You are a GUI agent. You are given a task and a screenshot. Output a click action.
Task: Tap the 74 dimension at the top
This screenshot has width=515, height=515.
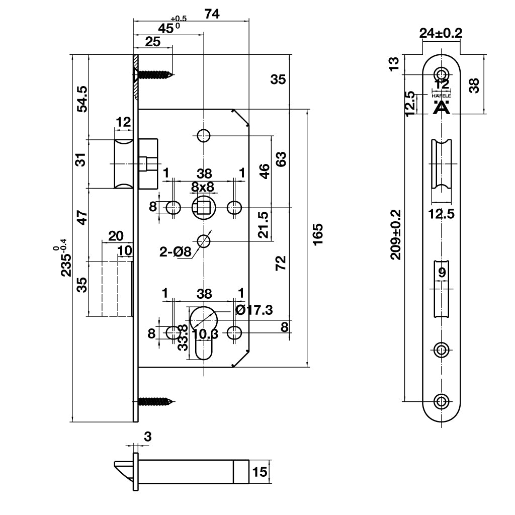click(x=212, y=14)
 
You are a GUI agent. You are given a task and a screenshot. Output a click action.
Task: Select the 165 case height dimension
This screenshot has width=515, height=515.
click(x=317, y=234)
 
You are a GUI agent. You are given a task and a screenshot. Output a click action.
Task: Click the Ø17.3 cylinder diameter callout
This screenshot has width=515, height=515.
click(x=254, y=310)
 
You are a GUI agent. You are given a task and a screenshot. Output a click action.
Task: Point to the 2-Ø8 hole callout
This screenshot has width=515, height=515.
click(x=176, y=251)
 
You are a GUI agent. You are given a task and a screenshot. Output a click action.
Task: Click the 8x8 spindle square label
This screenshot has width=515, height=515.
click(x=203, y=187)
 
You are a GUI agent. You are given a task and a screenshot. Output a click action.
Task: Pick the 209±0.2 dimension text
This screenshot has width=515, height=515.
click(x=396, y=234)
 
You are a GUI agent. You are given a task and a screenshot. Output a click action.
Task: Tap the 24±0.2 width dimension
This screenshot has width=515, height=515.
click(x=441, y=33)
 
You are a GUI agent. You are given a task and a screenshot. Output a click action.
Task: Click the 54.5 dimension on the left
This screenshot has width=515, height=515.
click(x=82, y=99)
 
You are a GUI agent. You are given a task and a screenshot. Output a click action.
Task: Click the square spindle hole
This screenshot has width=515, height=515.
click(x=204, y=207)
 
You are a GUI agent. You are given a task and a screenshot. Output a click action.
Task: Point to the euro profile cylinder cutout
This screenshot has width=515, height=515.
click(x=203, y=332)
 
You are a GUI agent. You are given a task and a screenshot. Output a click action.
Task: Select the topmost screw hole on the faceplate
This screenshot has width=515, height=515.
click(x=442, y=72)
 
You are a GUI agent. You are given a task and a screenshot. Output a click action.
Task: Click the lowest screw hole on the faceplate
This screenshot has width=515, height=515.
click(x=442, y=401)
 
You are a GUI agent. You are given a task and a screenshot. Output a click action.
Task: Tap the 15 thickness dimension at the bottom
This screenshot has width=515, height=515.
click(x=260, y=472)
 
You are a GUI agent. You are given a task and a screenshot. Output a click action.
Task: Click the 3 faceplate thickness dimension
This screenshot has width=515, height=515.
click(x=147, y=437)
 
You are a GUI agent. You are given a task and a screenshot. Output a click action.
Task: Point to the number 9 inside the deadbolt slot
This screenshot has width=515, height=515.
click(x=442, y=273)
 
